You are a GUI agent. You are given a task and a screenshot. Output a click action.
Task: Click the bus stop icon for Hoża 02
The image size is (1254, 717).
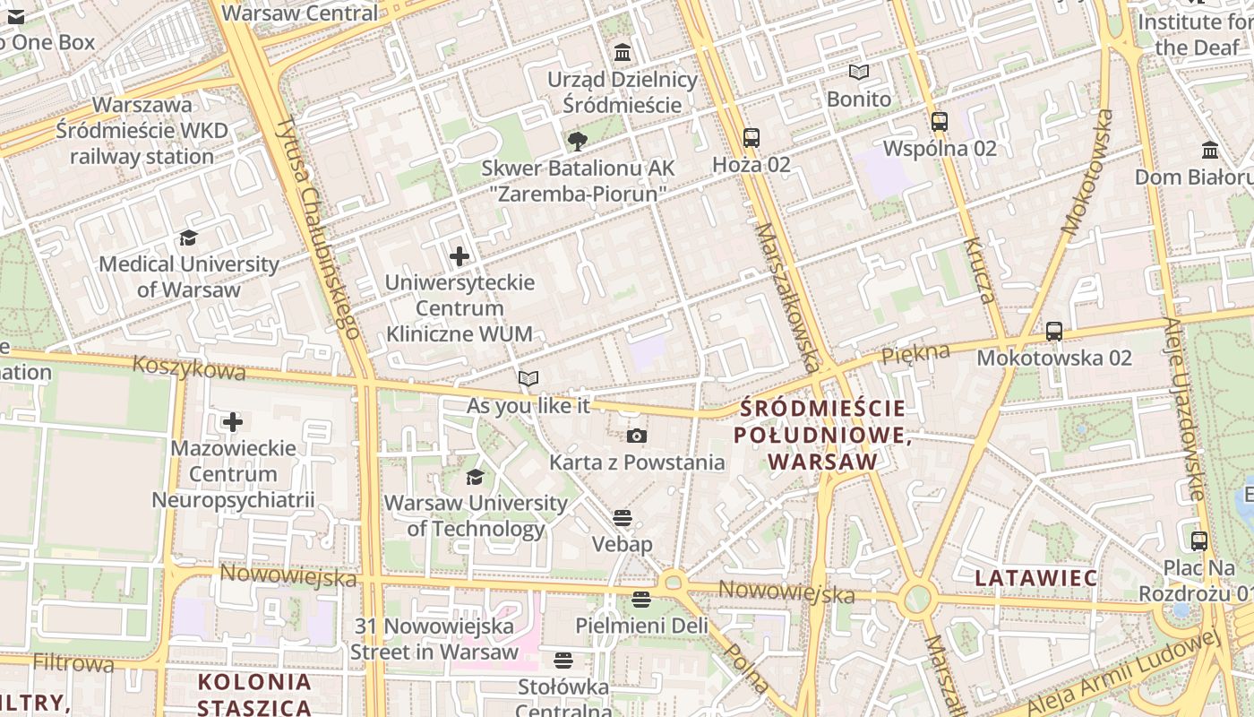751,138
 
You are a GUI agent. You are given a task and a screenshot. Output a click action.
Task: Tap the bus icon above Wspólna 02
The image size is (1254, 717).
939,122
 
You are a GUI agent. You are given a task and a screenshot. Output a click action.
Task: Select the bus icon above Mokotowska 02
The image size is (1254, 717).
1054,332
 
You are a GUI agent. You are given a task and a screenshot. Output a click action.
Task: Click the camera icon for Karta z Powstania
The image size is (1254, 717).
636,436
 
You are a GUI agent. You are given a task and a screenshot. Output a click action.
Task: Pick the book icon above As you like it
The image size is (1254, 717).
528,379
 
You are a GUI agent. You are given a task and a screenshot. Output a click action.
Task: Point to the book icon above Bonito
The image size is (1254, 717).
859,73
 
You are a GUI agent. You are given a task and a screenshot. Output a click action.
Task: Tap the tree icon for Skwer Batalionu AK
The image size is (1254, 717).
578,141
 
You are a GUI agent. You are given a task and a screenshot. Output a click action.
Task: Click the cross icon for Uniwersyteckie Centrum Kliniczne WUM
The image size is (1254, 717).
460,257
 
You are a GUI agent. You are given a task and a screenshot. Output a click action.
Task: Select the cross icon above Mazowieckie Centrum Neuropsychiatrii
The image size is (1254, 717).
233,422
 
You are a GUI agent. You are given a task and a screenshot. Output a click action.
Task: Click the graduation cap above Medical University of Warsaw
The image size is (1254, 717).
188,238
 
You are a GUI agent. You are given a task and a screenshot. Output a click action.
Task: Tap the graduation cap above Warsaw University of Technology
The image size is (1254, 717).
475,477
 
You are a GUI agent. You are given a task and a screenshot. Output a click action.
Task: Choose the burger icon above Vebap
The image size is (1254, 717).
623,518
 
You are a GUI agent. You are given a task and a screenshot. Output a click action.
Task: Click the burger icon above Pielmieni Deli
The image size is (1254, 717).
640,599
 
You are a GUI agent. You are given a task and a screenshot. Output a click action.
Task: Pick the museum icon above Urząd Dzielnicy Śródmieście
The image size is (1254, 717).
623,53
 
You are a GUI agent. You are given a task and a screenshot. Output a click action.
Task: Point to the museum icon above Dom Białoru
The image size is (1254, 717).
1210,150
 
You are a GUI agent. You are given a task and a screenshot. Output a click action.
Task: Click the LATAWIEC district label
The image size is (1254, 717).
1035,578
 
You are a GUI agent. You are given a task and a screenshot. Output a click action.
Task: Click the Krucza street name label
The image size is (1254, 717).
979,271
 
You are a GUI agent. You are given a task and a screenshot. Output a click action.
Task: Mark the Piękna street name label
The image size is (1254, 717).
915,353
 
